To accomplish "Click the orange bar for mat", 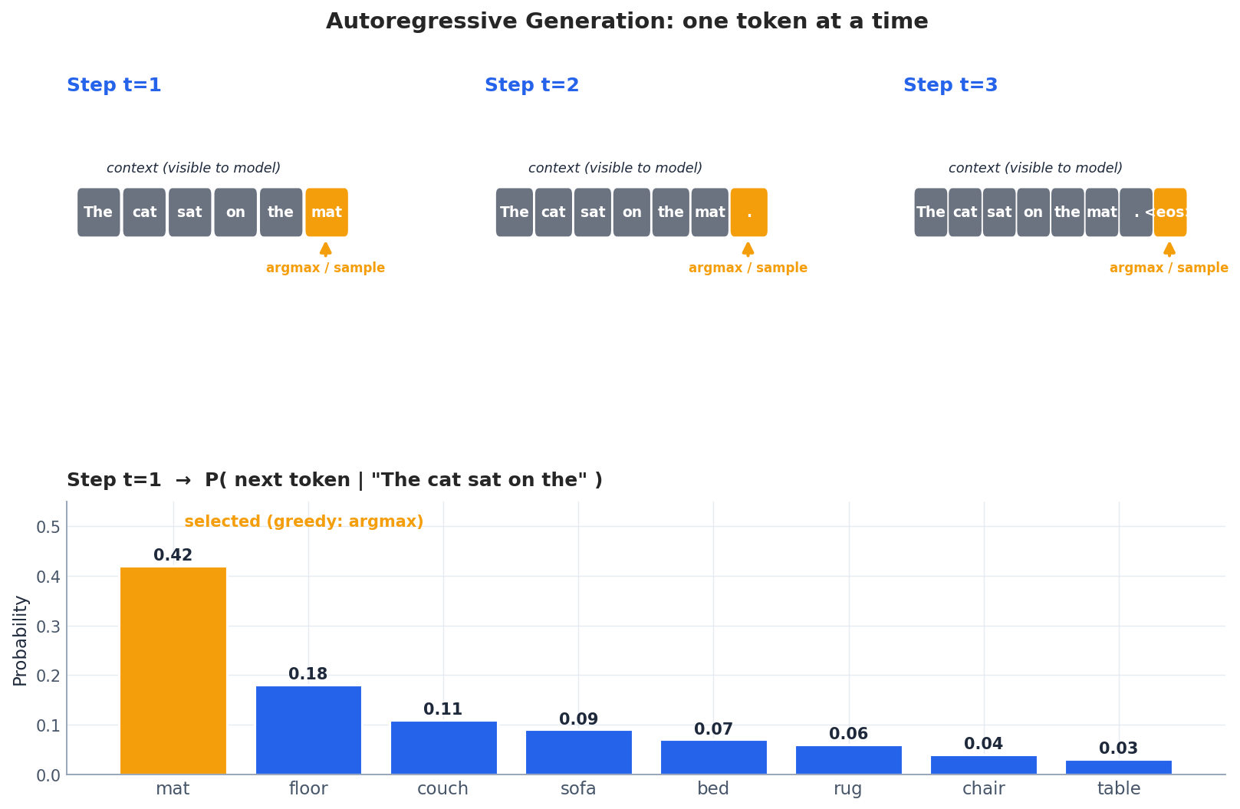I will point(173,671).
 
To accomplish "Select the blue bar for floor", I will point(308,730).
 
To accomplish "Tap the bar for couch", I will point(443,748).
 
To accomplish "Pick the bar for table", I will point(1118,767).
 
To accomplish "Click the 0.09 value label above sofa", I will point(578,720).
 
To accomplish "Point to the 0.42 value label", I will point(173,556).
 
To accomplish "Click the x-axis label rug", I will point(847,789).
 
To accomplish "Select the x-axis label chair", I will point(983,789).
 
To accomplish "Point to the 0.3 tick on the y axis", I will point(48,626).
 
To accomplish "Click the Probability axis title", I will point(21,640).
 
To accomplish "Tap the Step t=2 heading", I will point(531,86).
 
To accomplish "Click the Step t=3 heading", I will point(950,86).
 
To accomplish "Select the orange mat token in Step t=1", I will point(327,212).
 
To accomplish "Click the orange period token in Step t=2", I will point(748,212).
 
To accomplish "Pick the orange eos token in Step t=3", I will point(1169,212).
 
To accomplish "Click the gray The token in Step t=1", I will point(98,212).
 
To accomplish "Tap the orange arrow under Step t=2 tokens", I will point(748,249).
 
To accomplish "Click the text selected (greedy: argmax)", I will point(304,522).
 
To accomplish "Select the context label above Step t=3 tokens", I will point(1035,169).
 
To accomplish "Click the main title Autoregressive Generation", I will point(627,21).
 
